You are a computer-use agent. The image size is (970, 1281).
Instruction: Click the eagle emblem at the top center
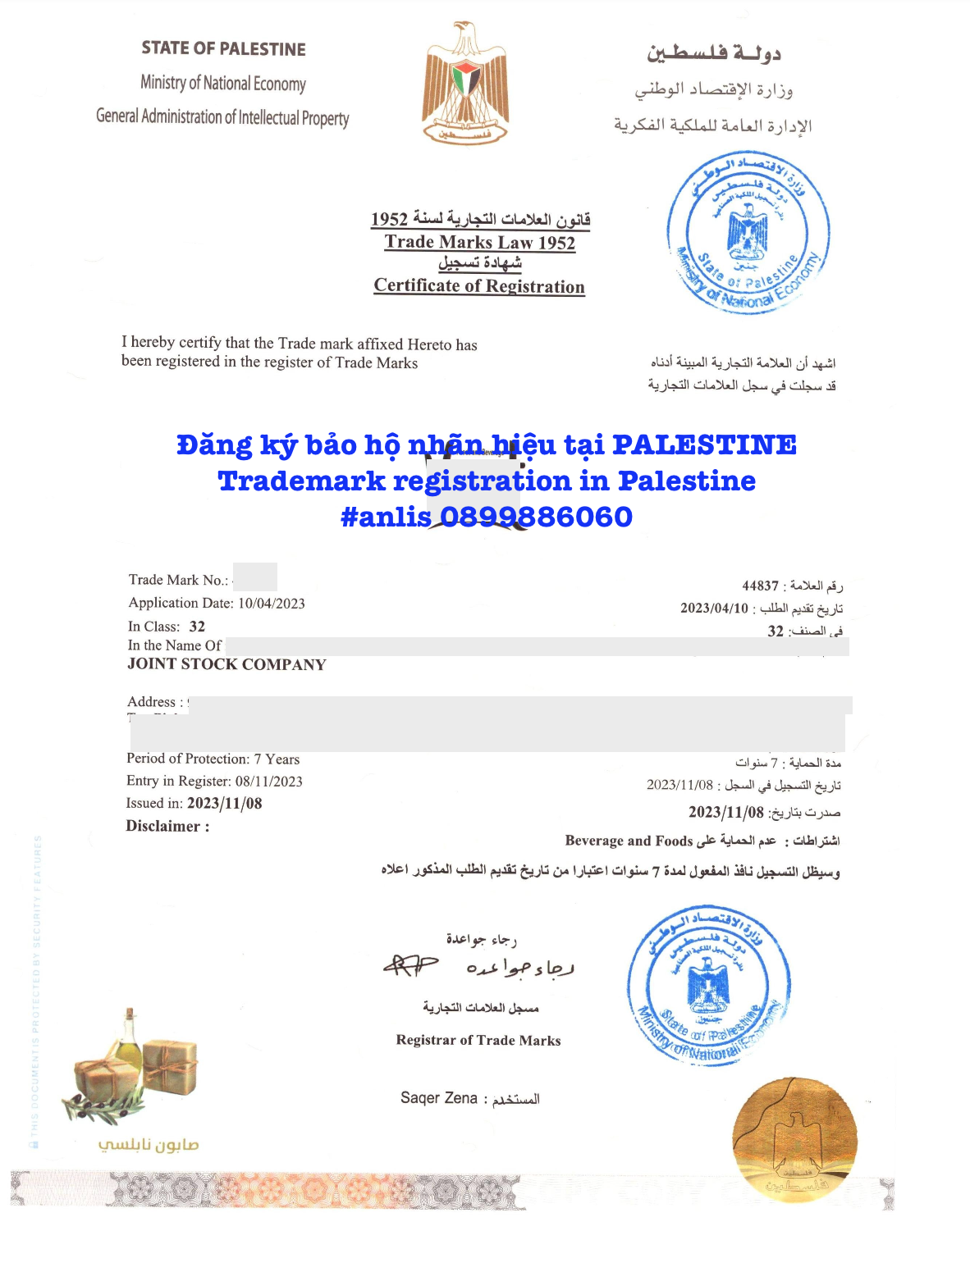pos(464,84)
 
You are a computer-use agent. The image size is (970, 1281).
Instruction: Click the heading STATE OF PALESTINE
pos(223,49)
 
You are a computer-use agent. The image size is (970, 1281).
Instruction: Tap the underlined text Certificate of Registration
pos(479,286)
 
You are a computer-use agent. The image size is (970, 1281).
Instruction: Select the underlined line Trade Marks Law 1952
pos(480,243)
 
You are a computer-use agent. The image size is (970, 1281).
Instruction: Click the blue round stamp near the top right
pos(747,233)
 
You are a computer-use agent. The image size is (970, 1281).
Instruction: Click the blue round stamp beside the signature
pos(707,985)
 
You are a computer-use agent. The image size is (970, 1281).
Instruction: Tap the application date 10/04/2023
pos(271,604)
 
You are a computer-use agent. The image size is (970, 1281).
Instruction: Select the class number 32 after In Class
pos(197,627)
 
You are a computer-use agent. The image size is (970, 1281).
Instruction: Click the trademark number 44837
pos(760,586)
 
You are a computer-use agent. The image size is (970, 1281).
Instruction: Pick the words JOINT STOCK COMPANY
pos(226,665)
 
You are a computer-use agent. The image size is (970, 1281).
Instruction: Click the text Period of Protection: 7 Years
pos(213,759)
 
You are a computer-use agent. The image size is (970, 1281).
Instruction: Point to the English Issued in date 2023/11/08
pos(224,804)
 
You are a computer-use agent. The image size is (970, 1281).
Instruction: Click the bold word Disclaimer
pos(162,827)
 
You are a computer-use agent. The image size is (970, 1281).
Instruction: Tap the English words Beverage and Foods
pos(629,841)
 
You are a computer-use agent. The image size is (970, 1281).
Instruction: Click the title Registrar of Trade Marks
pos(478,1041)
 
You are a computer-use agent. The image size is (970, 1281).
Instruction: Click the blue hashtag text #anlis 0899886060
pos(487,517)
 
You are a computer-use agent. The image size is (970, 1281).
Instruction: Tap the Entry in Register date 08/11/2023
pos(268,782)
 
